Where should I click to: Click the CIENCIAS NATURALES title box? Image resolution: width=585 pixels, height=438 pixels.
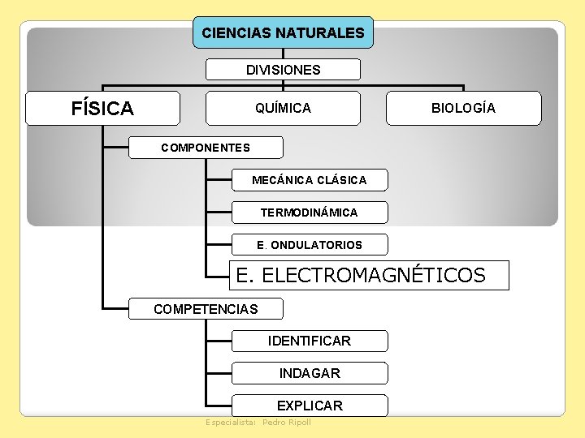point(283,33)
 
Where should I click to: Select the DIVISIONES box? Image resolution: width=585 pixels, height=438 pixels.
point(283,70)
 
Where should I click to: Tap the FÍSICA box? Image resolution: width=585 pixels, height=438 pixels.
point(102,108)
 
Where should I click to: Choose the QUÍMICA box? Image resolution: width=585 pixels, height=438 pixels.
point(283,108)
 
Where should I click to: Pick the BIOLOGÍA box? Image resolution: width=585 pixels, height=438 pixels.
point(463,108)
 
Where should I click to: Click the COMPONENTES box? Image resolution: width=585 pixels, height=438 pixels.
point(206,148)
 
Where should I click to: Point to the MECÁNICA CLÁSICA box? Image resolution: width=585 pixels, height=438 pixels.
point(309,179)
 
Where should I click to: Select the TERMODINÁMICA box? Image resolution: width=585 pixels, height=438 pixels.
point(309,213)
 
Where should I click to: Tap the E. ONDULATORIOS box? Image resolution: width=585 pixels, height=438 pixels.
point(309,244)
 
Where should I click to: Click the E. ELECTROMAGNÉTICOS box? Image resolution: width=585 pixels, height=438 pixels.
point(369,276)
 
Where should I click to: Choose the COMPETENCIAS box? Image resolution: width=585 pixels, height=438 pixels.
point(206,309)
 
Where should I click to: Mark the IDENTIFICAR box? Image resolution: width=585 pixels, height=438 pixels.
point(309,341)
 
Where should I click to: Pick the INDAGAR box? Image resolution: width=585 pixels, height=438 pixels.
point(309,373)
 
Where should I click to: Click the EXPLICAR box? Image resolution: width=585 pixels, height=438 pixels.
point(309,406)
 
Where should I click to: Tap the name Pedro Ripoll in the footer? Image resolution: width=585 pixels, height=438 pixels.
point(287,423)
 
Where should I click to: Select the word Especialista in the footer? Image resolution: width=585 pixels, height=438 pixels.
point(231,423)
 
